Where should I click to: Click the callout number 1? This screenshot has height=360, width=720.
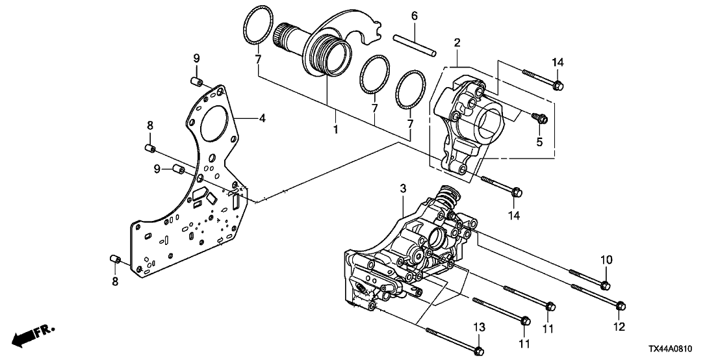point(336,129)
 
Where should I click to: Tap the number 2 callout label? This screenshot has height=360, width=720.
point(457,43)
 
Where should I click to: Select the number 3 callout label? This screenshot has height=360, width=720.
point(403,188)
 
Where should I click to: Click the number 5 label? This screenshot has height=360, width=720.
point(539,142)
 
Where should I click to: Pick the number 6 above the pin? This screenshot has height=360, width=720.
point(414,16)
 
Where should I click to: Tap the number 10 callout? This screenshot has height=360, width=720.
point(606,261)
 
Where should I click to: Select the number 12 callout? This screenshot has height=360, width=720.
point(619,326)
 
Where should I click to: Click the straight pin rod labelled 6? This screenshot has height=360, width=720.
point(415,45)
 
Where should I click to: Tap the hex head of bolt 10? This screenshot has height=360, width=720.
point(605,286)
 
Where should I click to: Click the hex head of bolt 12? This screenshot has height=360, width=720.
point(619,305)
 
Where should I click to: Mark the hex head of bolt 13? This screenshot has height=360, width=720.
point(479,352)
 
